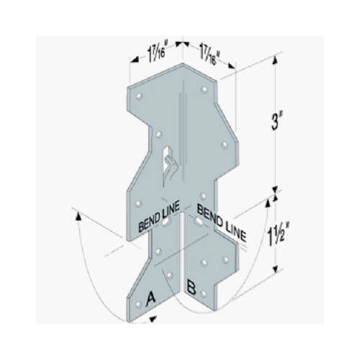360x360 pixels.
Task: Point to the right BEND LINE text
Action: point(221,221)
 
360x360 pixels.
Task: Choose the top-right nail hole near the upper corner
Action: point(205,91)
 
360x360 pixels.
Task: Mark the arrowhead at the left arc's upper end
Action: point(76,212)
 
